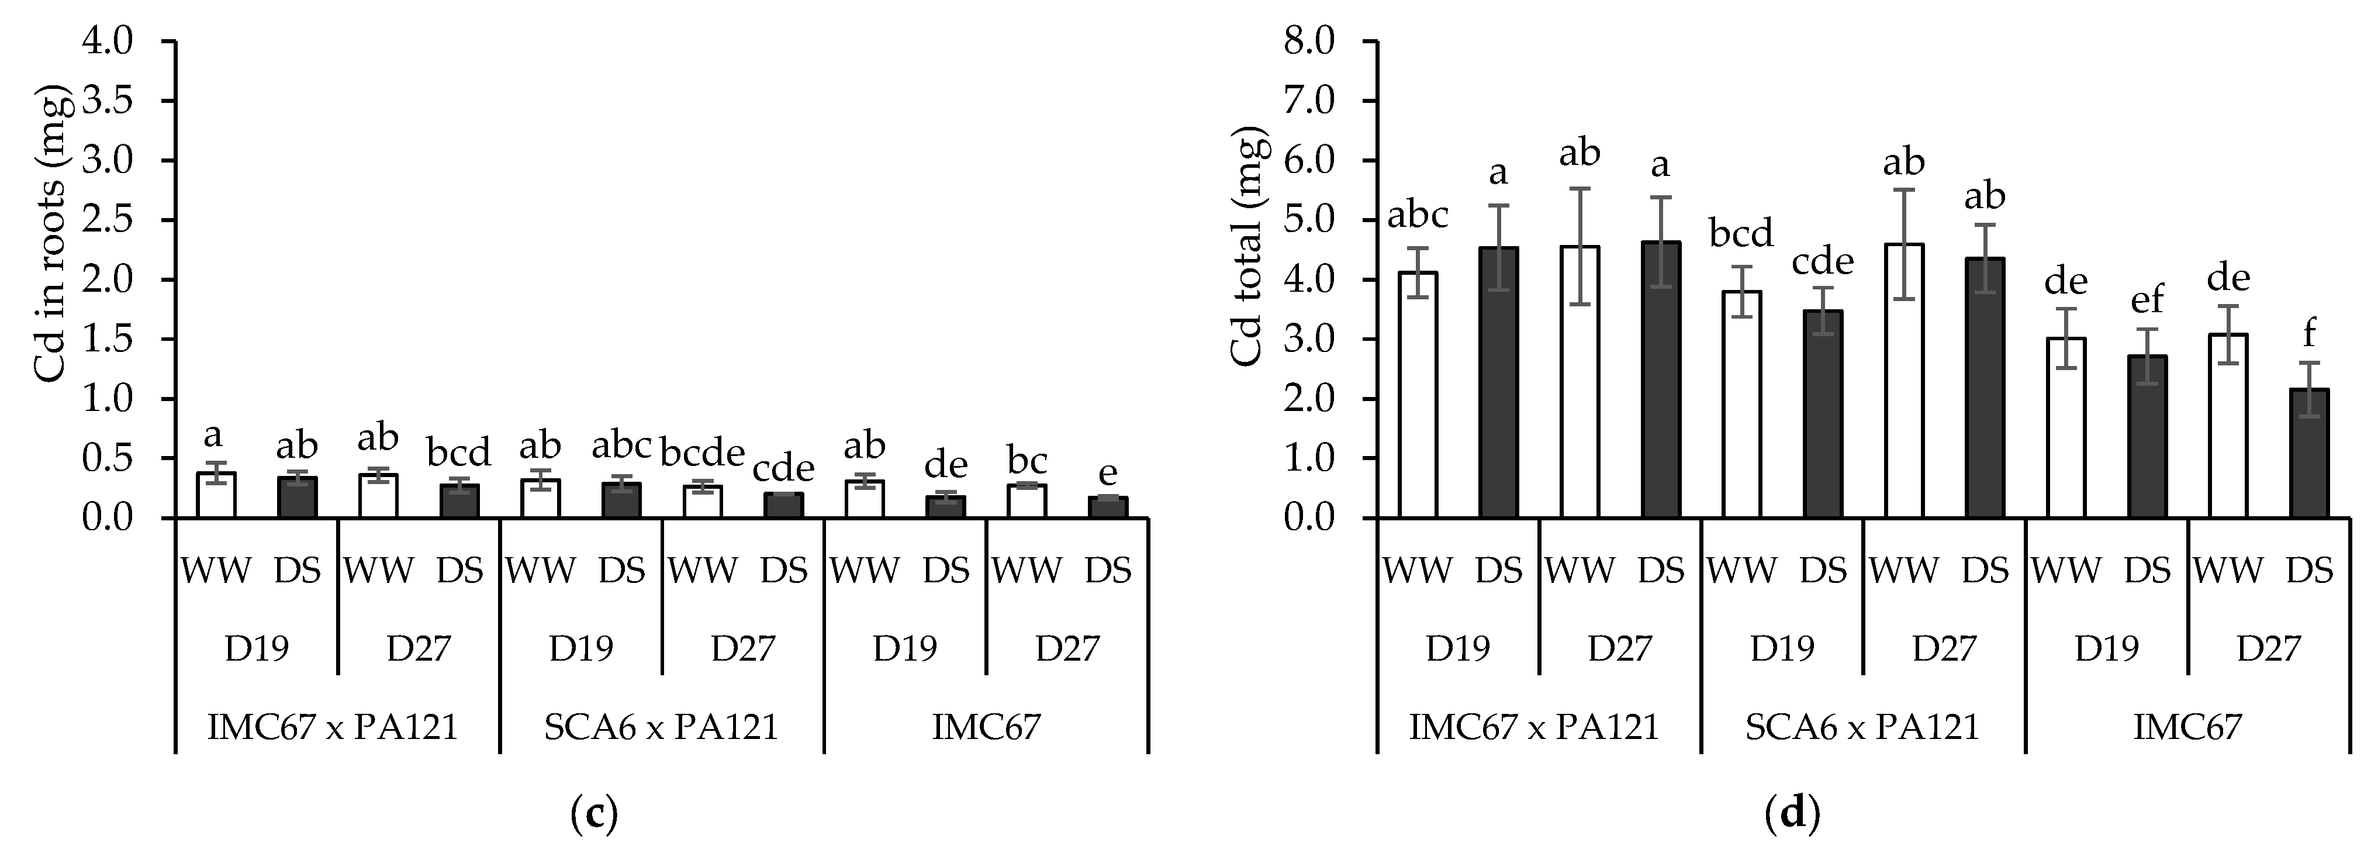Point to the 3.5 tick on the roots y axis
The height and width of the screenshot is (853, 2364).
pyautogui.click(x=108, y=101)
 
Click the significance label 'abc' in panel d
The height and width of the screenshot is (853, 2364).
pyautogui.click(x=1417, y=216)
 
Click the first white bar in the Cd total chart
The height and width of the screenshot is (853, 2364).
pyautogui.click(x=1418, y=395)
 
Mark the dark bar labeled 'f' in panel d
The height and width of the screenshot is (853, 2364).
pyautogui.click(x=2309, y=454)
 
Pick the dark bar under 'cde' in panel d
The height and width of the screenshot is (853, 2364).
pyautogui.click(x=1823, y=414)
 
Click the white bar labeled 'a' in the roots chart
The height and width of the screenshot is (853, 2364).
pyautogui.click(x=216, y=496)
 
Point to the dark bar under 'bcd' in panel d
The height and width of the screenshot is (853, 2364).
pyautogui.click(x=1823, y=414)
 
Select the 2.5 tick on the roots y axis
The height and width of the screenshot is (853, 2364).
pyautogui.click(x=108, y=220)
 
